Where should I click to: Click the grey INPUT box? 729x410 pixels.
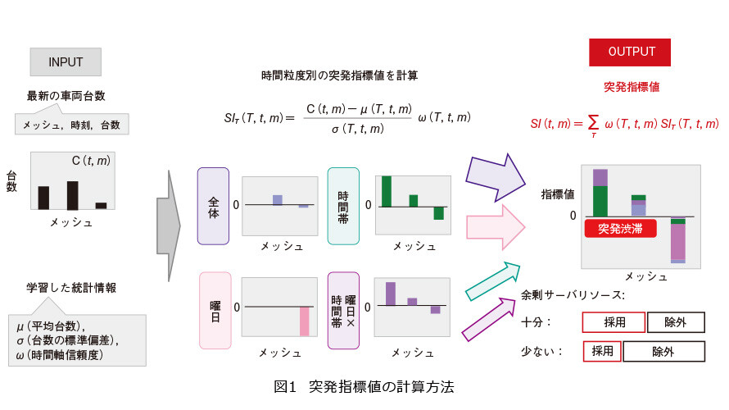point(66,61)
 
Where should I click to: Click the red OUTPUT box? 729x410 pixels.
point(630,52)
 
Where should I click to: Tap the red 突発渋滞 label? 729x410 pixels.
point(620,229)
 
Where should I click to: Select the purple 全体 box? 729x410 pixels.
point(214,206)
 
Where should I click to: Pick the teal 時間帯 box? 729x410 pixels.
point(343,206)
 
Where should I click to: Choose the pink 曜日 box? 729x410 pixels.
point(215,311)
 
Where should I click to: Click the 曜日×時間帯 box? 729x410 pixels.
point(343,311)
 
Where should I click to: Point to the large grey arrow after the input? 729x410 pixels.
point(168,226)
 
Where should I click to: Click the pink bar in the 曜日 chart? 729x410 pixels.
point(305,321)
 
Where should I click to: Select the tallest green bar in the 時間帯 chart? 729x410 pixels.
point(387,191)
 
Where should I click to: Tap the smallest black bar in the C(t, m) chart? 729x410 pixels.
point(101,205)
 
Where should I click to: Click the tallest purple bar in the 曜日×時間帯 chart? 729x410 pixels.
point(391,294)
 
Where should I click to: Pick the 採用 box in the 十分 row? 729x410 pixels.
point(614,322)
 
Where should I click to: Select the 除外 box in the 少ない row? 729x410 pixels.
point(664,351)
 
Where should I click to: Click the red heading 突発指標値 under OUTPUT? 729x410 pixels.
point(632,87)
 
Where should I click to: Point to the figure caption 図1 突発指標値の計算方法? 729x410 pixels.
point(364,386)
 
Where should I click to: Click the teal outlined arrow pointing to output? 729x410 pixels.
point(493,280)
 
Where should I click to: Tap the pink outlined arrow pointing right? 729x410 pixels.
point(496,228)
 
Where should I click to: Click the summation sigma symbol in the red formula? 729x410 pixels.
point(593,124)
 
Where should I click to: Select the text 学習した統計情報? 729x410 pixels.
point(71,288)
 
